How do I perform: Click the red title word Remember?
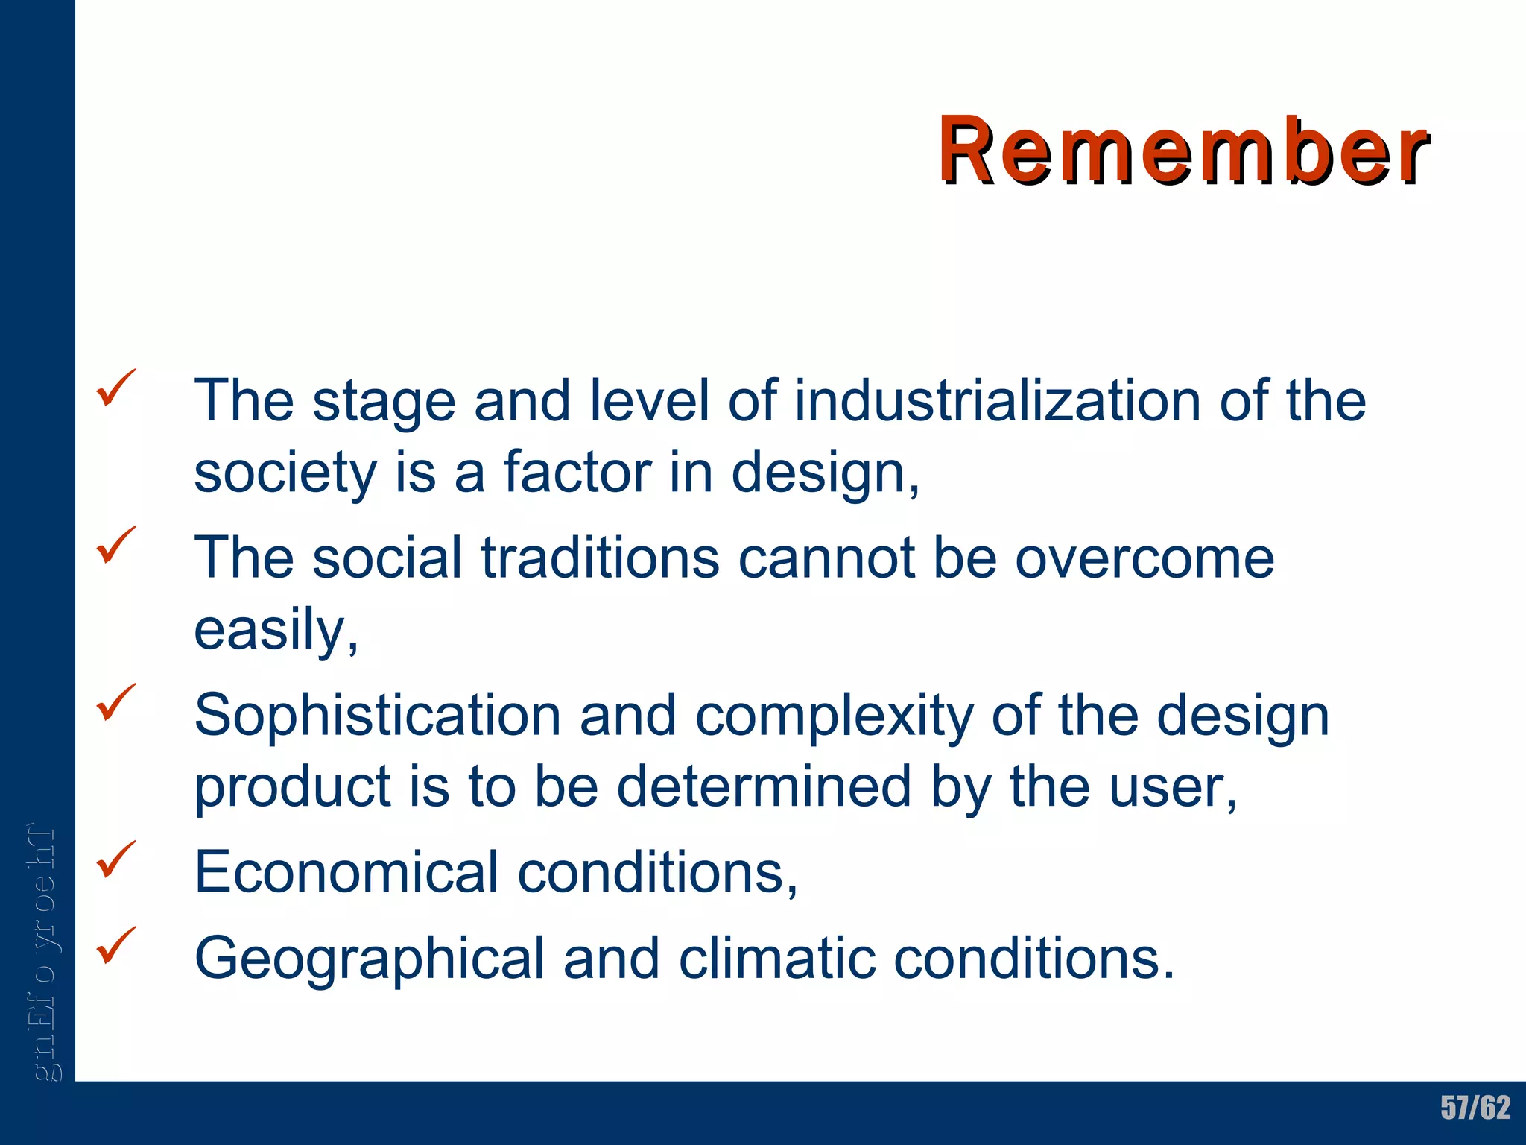point(1183,151)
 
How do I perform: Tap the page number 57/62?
point(1475,1108)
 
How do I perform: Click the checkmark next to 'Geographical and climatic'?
point(115,945)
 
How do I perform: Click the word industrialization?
point(997,401)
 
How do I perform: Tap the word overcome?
point(1144,559)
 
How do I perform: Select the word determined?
point(764,787)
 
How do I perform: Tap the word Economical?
point(346,872)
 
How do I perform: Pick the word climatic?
point(776,959)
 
